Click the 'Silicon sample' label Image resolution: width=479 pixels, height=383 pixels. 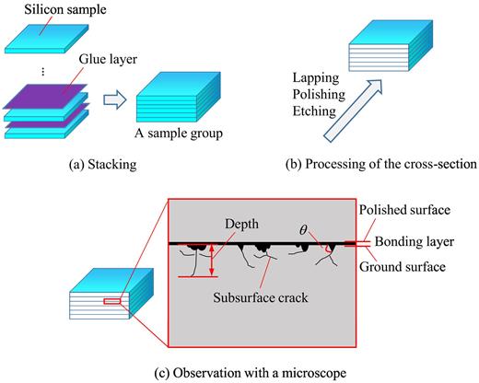52,10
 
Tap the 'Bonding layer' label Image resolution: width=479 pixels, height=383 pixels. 414,244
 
